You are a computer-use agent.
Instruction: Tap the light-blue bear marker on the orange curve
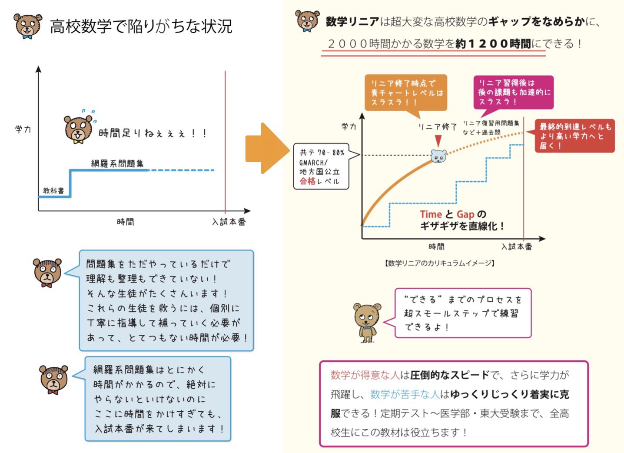[438, 156]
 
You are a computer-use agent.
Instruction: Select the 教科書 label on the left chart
[53, 191]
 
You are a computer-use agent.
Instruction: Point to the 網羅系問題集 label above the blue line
[117, 163]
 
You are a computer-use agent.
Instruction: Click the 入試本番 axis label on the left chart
[229, 222]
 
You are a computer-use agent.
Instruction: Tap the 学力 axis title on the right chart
[349, 127]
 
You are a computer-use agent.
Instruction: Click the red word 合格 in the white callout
[308, 181]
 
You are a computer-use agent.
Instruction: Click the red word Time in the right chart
[431, 214]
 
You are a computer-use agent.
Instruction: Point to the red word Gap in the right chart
[465, 214]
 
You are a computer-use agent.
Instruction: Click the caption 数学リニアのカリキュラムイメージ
[440, 263]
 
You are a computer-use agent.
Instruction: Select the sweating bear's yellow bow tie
[78, 142]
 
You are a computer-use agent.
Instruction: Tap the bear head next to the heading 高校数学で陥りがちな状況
[27, 26]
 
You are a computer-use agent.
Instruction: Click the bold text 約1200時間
[493, 44]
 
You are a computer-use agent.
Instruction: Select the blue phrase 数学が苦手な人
[405, 394]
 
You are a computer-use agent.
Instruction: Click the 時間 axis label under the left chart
[125, 222]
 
